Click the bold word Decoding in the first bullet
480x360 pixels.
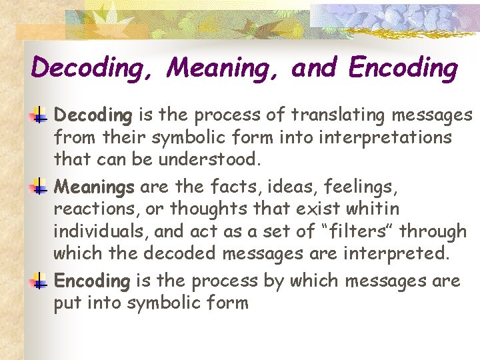point(93,116)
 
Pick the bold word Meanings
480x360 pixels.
point(94,187)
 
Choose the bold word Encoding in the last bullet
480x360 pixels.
point(92,281)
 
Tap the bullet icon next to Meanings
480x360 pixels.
point(38,187)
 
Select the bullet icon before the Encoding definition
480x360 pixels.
point(38,281)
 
